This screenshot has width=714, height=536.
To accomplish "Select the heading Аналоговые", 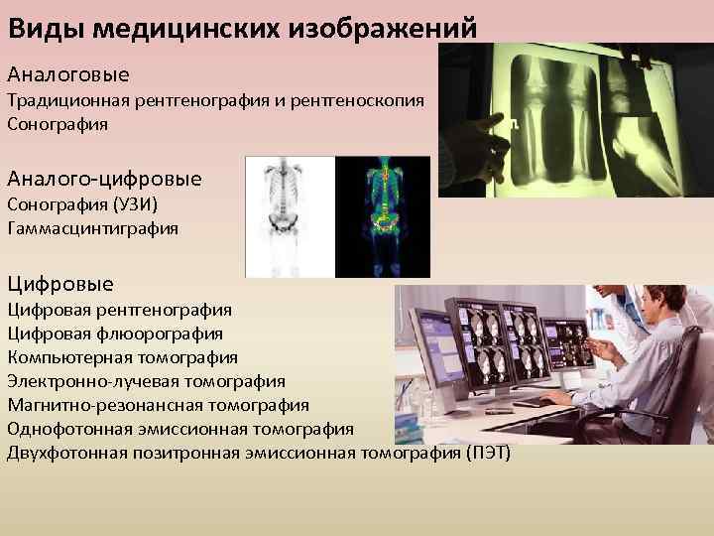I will pyautogui.click(x=68, y=74).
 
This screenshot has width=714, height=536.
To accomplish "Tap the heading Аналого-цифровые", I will pyautogui.click(x=104, y=179).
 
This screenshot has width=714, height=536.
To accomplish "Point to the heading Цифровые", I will pyautogui.click(x=60, y=284).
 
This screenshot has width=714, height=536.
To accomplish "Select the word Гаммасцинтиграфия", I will pyautogui.click(x=93, y=228).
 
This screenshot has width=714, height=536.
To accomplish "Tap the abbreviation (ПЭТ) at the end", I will pyautogui.click(x=487, y=454).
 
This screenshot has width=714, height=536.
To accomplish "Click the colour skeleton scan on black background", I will pyautogui.click(x=382, y=216).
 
